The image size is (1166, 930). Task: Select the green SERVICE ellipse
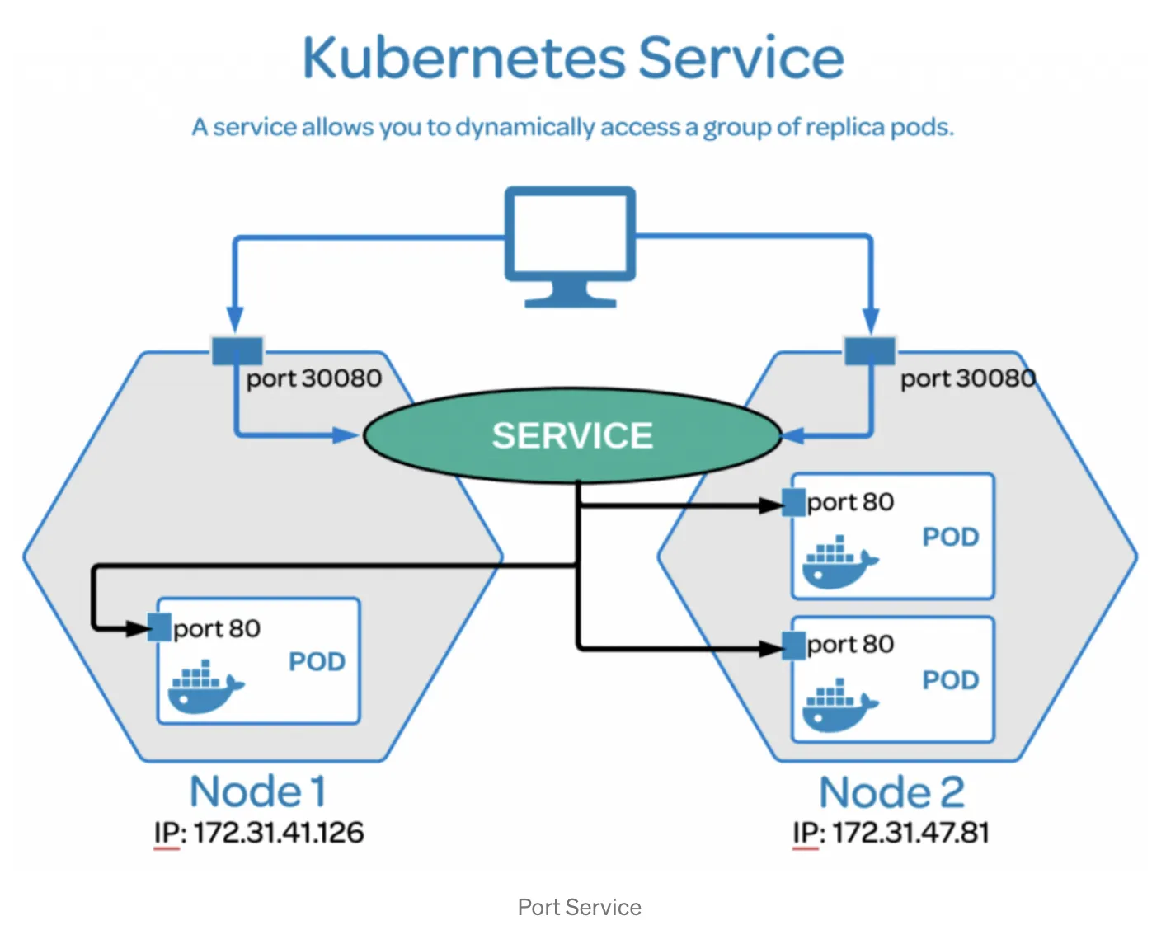coord(571,435)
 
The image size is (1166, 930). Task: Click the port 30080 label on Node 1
coord(313,378)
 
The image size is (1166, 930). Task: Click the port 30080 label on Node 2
coord(967,378)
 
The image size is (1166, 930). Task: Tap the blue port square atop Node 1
coord(237,350)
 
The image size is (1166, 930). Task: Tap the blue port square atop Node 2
coord(869,350)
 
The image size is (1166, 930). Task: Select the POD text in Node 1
coord(317,662)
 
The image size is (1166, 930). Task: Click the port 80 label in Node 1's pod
coord(217,629)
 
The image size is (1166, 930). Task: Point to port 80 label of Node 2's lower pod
coord(850,644)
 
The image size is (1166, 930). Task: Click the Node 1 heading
coord(257,791)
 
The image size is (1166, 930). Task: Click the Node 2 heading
coord(891,792)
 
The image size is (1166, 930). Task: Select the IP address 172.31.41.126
coord(278,833)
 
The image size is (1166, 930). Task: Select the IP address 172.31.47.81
coord(910,833)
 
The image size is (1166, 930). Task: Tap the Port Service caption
coord(579,908)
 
